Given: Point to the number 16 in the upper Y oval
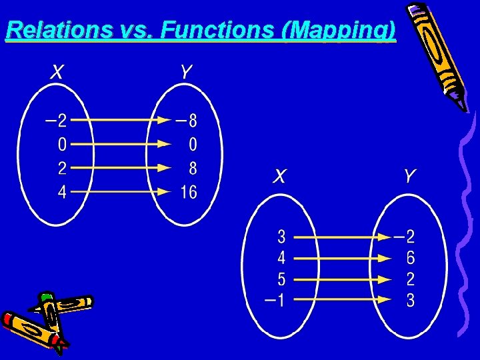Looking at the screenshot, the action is coord(189,192).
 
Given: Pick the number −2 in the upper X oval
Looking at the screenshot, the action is coord(57,121).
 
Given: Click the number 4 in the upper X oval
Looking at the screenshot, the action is coord(62,192).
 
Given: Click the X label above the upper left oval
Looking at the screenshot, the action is coord(58,71).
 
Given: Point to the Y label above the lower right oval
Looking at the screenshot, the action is coord(409,176).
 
